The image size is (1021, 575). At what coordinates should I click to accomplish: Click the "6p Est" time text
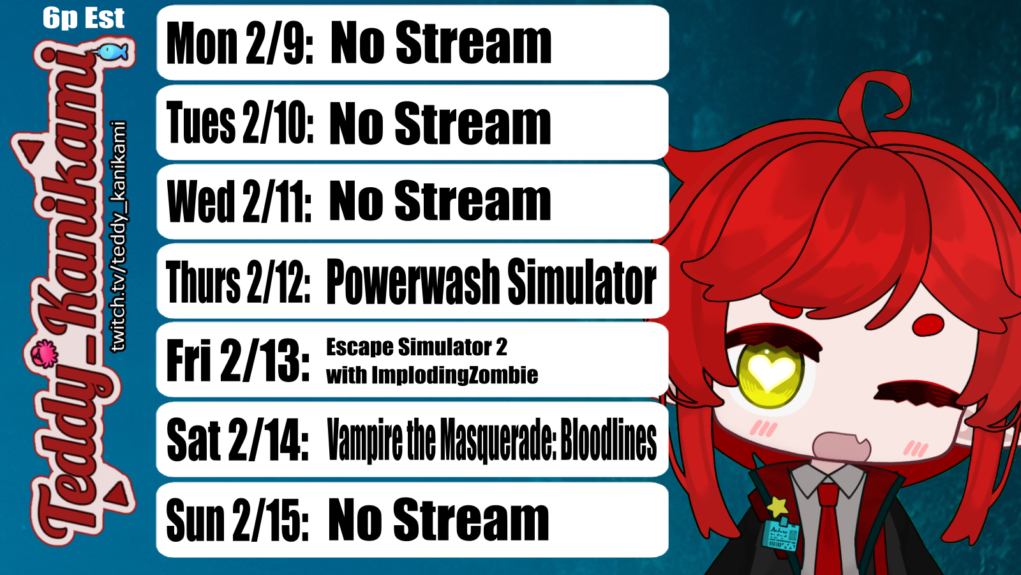84,19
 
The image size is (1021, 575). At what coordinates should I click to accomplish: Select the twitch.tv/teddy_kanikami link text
119,236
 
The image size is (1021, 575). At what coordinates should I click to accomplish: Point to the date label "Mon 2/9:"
240,43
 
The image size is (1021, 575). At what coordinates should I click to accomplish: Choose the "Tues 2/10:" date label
240,122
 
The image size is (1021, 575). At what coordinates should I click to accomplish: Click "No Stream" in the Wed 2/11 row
440,201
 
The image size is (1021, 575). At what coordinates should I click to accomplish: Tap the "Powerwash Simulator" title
491,281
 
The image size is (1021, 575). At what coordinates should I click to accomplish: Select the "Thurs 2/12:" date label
238,281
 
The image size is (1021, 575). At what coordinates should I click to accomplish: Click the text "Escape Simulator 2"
417,348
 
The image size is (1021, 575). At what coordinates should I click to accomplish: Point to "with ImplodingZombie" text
432,375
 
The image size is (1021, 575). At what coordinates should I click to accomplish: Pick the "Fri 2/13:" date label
238,360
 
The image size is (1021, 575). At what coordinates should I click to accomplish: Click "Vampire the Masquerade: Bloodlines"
492,440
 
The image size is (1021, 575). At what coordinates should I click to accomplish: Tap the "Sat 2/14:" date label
238,440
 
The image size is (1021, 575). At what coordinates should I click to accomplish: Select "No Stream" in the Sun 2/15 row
438,520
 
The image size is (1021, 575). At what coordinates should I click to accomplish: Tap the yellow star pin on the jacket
778,506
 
